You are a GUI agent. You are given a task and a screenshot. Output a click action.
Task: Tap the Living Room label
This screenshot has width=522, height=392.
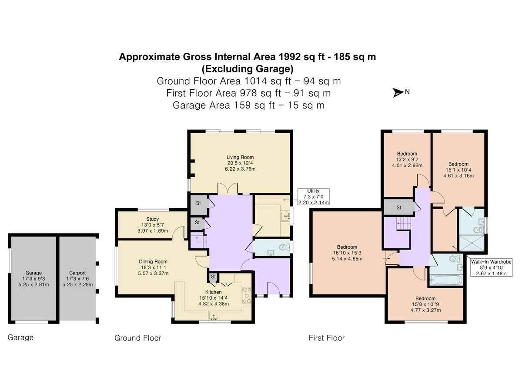[x=240, y=157]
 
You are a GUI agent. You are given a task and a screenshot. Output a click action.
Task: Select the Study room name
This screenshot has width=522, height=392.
[x=152, y=219]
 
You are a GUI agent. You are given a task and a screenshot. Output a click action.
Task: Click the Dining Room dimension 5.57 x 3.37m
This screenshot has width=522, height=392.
[x=153, y=273]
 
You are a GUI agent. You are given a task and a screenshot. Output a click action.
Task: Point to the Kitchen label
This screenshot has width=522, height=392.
[x=213, y=292]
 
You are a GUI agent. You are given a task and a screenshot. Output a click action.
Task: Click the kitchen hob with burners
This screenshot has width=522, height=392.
[x=247, y=295]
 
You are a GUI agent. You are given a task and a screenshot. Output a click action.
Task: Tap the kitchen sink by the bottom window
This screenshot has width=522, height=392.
[x=214, y=316]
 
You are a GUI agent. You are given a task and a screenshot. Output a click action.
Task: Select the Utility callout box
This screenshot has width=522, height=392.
[x=314, y=196]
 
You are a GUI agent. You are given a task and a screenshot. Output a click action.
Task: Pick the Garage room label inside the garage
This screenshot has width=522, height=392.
[x=33, y=273]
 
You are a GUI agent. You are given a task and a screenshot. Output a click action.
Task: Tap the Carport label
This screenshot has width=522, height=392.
[x=77, y=273]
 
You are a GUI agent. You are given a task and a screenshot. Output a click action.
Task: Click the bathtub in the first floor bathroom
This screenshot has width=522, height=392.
[x=446, y=280]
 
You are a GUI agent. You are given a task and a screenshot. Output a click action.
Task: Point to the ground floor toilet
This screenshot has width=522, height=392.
[x=284, y=247]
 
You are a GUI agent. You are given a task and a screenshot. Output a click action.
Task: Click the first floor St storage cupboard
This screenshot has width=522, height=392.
[x=399, y=207]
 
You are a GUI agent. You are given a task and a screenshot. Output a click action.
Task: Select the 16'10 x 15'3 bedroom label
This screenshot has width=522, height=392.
[x=347, y=253]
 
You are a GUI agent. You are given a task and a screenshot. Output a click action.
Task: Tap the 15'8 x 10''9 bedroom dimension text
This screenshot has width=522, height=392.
[x=425, y=304]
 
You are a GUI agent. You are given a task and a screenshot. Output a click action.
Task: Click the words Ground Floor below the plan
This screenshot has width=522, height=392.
[x=138, y=338]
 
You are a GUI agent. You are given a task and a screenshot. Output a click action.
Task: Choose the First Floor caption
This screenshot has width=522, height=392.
[x=327, y=338]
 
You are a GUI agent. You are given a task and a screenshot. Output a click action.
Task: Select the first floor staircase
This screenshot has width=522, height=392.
[x=403, y=223]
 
